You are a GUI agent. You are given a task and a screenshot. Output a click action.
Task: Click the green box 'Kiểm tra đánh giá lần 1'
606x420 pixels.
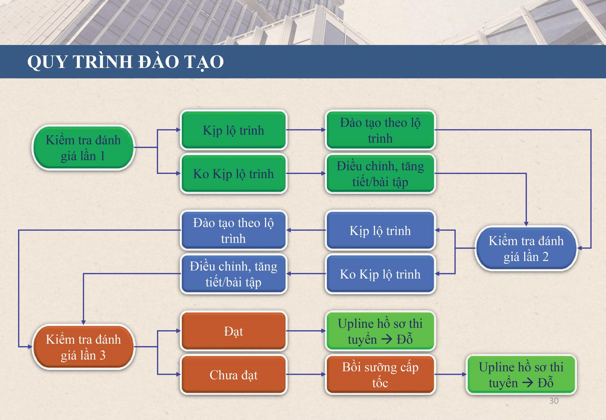[83, 147]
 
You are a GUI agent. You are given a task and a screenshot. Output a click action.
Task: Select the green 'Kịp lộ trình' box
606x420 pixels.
[233, 130]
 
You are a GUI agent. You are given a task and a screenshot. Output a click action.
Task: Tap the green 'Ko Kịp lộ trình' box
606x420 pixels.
[233, 173]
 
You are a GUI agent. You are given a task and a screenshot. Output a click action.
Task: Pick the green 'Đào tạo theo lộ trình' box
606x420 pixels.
[380, 130]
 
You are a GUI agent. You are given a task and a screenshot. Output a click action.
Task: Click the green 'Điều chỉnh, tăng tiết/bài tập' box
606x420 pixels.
[380, 173]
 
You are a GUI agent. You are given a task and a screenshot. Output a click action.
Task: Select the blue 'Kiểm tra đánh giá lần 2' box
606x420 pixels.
[526, 248]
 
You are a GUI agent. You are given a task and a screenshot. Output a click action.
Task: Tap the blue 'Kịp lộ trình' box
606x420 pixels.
[380, 230]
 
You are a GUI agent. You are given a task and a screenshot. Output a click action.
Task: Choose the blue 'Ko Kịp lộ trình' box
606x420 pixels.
[380, 274]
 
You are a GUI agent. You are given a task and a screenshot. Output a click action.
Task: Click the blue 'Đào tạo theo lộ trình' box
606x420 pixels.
[233, 230]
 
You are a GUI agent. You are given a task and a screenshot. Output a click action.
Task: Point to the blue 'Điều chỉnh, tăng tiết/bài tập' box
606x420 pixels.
[233, 274]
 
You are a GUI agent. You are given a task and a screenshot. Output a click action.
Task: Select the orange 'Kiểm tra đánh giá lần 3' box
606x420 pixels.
[83, 347]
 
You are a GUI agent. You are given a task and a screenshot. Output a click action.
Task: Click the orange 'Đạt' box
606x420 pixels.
[233, 331]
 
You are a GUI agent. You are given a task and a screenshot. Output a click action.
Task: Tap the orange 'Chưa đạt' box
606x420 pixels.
[233, 374]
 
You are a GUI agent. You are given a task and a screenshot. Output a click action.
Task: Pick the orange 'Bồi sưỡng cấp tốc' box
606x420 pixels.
[380, 374]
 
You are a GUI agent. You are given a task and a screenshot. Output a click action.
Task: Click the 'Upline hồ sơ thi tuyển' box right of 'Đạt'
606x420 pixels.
[380, 331]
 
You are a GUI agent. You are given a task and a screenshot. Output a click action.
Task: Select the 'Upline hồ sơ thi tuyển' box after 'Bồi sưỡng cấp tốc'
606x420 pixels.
[521, 374]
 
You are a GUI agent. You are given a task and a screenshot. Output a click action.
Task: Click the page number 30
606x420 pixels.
[554, 401]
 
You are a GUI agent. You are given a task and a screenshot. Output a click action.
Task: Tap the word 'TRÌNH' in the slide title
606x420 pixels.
[102, 62]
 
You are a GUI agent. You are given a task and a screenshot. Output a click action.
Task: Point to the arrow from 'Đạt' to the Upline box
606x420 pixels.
[306, 331]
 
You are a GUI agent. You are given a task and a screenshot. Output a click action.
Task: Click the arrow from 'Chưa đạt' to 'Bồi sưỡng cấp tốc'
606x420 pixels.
[306, 374]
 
